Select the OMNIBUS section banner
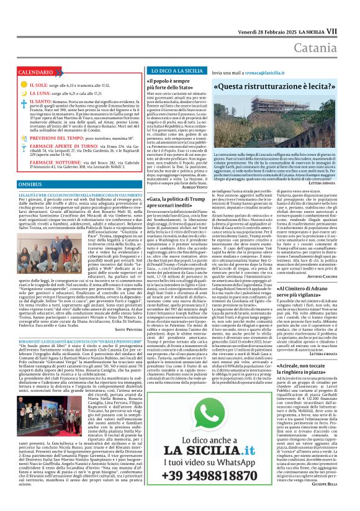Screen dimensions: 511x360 (30, 185)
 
